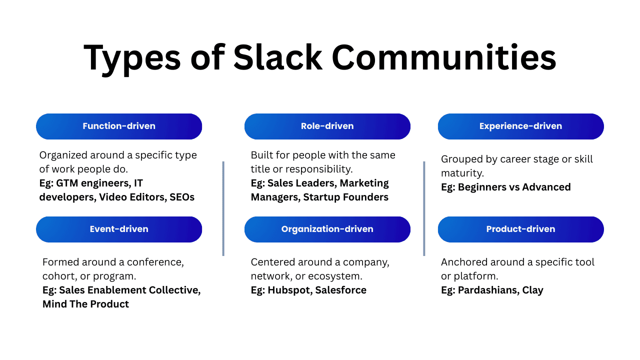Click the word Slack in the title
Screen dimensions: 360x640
(277, 57)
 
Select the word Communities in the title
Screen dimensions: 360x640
(443, 57)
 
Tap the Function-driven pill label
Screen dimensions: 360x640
(119, 126)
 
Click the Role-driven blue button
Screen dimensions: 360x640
(327, 126)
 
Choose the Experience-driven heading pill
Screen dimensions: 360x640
(520, 126)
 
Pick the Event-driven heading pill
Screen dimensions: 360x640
(119, 229)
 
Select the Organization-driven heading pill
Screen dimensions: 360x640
(327, 229)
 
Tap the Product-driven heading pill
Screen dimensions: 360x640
(520, 229)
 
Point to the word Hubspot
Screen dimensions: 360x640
(289, 290)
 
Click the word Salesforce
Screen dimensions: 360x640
(341, 290)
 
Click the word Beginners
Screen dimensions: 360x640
(482, 187)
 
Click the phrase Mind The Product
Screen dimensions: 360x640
(85, 304)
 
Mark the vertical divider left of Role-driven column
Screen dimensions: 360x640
(223, 208)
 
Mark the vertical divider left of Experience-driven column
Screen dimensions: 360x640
(424, 208)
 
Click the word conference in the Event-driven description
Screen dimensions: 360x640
(155, 262)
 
